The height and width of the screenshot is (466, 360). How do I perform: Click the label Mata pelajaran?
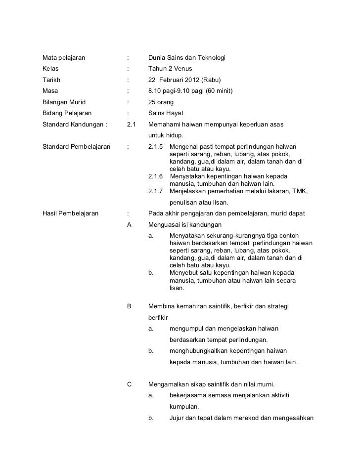[x=64, y=58]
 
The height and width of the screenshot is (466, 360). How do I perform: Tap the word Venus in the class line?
[x=182, y=69]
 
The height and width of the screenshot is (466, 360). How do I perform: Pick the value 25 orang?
[x=161, y=102]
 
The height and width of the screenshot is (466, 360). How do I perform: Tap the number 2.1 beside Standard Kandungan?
[x=132, y=125]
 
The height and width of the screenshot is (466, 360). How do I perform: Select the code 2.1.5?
[x=156, y=147]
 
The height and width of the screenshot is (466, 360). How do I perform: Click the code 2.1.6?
[x=156, y=176]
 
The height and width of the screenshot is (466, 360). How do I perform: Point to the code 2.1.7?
[x=156, y=191]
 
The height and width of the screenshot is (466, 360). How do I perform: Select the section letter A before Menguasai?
[x=130, y=225]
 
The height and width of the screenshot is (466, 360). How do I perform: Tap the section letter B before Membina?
[x=130, y=306]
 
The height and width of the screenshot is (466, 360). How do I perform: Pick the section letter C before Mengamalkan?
[x=130, y=384]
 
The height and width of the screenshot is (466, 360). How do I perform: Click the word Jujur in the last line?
[x=177, y=418]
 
